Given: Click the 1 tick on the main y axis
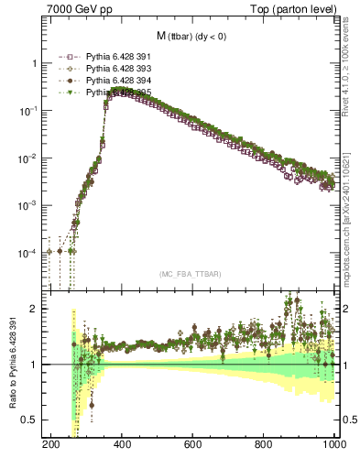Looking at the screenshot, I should [x=34, y=63].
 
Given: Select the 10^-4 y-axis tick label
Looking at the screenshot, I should [x=28, y=253].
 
